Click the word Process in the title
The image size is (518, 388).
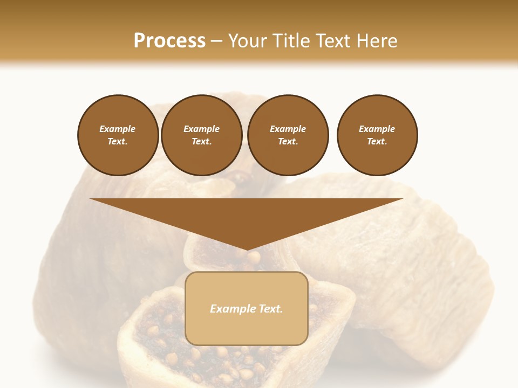point(169,40)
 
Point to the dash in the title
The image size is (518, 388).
point(216,41)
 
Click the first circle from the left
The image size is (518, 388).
point(118,135)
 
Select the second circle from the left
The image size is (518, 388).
point(202,135)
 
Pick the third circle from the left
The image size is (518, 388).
point(288,135)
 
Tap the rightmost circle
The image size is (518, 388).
point(377,135)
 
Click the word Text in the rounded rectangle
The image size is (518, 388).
point(270,309)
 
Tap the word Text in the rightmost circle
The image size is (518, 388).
point(377,141)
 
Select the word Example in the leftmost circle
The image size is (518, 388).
point(118,129)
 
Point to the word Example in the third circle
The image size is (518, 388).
point(288,129)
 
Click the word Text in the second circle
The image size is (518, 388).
point(201,141)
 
